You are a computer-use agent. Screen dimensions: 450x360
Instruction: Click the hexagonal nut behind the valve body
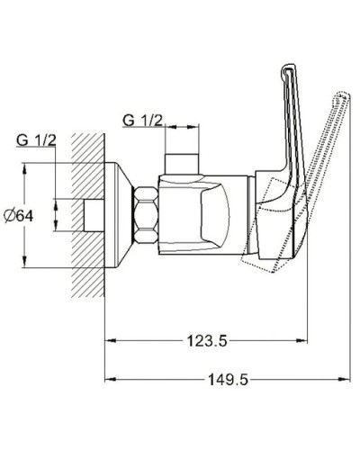pos(144,214)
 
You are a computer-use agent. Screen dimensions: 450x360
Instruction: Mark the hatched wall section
pos(85,216)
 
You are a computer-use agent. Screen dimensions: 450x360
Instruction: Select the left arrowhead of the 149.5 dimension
pos(111,380)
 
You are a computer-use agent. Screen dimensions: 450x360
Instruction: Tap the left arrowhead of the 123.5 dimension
pos(111,340)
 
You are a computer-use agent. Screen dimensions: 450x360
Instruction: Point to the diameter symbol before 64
pos(10,215)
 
